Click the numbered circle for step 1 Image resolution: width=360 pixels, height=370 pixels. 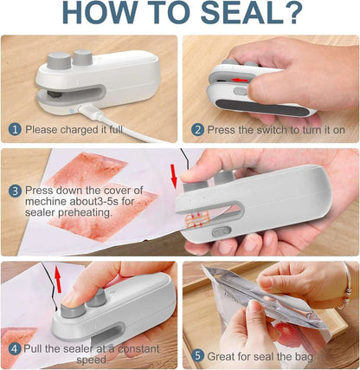click(x=14, y=129)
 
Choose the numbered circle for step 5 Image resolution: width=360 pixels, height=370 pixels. click(x=196, y=354)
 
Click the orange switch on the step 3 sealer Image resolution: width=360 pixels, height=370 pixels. click(x=219, y=233)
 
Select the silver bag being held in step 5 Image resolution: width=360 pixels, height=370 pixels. click(x=260, y=303)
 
